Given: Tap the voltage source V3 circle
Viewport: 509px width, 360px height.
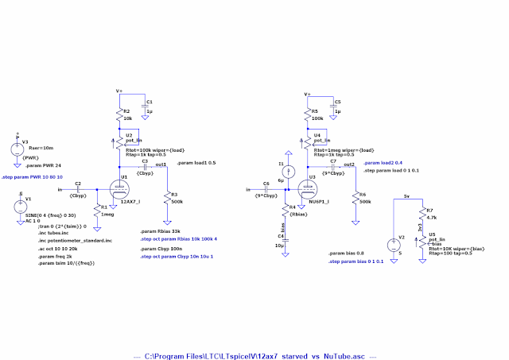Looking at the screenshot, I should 17,149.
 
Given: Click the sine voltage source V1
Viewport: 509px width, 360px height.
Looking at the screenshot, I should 19,208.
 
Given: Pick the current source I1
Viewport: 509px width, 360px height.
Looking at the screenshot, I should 291,171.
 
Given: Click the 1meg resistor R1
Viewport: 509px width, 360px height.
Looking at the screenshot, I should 95,212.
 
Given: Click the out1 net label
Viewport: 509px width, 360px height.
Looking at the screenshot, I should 160,165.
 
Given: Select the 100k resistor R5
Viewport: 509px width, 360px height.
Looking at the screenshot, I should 306,116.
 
